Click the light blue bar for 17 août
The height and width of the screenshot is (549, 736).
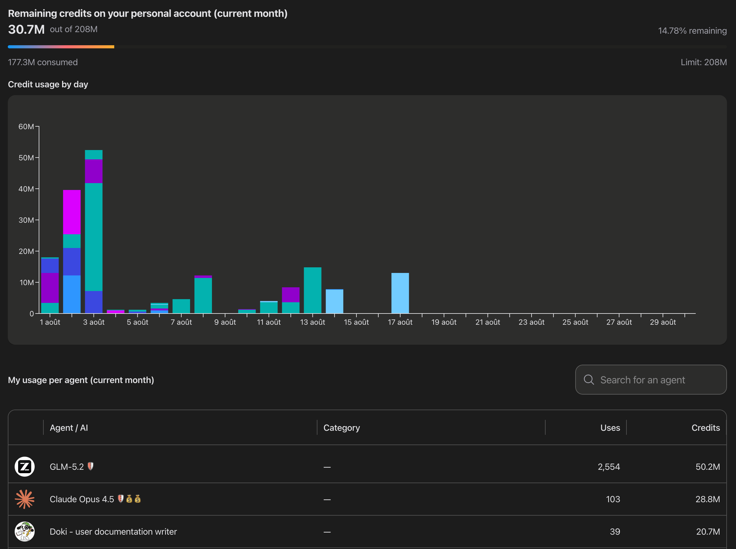pyautogui.click(x=400, y=293)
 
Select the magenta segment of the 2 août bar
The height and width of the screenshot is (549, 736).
pyautogui.click(x=72, y=212)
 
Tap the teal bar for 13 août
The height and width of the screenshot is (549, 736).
pyautogui.click(x=312, y=290)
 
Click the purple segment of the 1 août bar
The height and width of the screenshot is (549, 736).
pyautogui.click(x=50, y=288)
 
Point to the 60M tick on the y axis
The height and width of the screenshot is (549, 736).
pyautogui.click(x=37, y=127)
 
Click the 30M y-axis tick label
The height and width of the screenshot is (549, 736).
pyautogui.click(x=26, y=220)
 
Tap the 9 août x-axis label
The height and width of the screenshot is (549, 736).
pyautogui.click(x=225, y=322)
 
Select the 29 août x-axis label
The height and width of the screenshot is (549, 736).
pyautogui.click(x=663, y=322)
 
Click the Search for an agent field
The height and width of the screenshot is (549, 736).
pyautogui.click(x=651, y=380)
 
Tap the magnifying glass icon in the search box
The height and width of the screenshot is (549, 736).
pyautogui.click(x=589, y=380)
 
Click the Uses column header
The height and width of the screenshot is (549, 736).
pyautogui.click(x=610, y=428)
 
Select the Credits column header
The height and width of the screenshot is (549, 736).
pyautogui.click(x=706, y=428)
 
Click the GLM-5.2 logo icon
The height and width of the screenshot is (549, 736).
pyautogui.click(x=25, y=467)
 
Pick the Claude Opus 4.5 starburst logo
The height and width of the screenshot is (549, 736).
pyautogui.click(x=25, y=499)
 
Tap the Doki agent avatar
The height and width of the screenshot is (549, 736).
pyautogui.click(x=25, y=532)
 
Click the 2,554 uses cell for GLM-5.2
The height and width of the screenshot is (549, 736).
pyautogui.click(x=609, y=467)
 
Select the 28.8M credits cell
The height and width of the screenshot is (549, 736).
pyautogui.click(x=708, y=499)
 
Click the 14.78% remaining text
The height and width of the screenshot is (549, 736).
pyautogui.click(x=692, y=31)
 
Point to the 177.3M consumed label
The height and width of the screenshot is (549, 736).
pyautogui.click(x=43, y=62)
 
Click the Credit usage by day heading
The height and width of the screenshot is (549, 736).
pyautogui.click(x=48, y=85)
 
